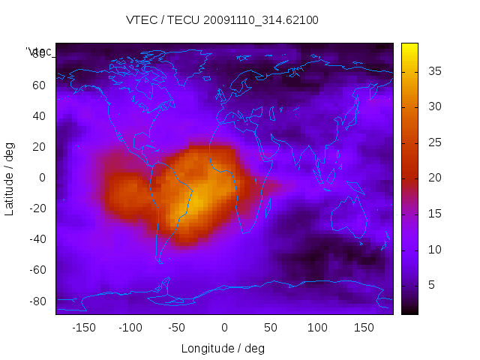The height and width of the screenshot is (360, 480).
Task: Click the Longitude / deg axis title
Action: tap(223, 349)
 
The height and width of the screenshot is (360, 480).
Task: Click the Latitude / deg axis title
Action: tap(10, 178)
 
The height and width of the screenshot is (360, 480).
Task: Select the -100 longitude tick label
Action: tap(130, 328)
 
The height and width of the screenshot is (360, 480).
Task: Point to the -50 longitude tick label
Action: tap(177, 328)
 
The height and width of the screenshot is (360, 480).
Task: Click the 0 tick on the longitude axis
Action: tap(224, 328)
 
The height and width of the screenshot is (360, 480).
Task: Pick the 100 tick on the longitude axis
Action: tap(318, 328)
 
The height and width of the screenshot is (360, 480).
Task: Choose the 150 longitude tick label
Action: tap(364, 328)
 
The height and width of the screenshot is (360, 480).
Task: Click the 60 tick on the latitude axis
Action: tap(39, 85)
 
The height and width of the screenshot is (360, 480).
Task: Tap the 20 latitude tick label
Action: tap(39, 147)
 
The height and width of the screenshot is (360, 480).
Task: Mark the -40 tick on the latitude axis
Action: tap(37, 239)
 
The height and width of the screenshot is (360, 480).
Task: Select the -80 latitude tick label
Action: tap(37, 301)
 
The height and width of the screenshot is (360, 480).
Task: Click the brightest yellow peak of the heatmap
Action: tap(199, 199)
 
